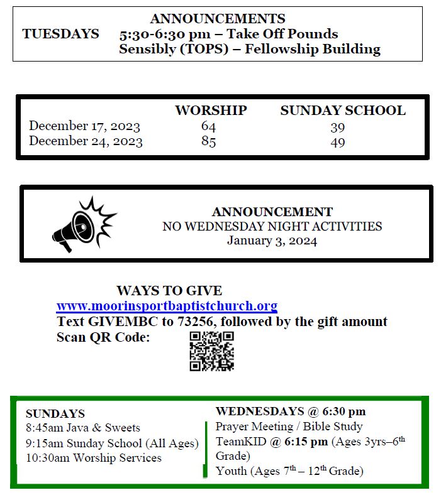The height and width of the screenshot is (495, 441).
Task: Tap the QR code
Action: [211, 351]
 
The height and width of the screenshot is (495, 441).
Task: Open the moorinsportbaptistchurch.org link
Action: [167, 307]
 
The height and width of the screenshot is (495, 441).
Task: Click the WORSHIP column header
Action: [211, 111]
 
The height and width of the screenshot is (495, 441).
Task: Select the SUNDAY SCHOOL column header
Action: [342, 111]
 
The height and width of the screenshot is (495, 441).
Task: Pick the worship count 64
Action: [208, 126]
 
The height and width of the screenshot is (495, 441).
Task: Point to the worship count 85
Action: [208, 141]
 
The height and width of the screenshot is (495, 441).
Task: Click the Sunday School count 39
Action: [338, 127]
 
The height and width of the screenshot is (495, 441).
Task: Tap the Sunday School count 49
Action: [338, 142]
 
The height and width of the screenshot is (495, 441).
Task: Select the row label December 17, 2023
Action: [84, 126]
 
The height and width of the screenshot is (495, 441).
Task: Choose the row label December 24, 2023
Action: [86, 141]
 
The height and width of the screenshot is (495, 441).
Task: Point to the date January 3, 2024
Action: [272, 241]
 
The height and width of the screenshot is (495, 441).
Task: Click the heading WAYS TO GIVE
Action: [169, 291]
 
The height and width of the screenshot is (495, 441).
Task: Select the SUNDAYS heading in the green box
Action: [55, 414]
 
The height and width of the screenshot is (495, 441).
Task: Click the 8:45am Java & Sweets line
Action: [82, 428]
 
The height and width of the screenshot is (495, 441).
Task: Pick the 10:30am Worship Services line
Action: [93, 458]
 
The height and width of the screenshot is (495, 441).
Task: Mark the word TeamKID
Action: [239, 442]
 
